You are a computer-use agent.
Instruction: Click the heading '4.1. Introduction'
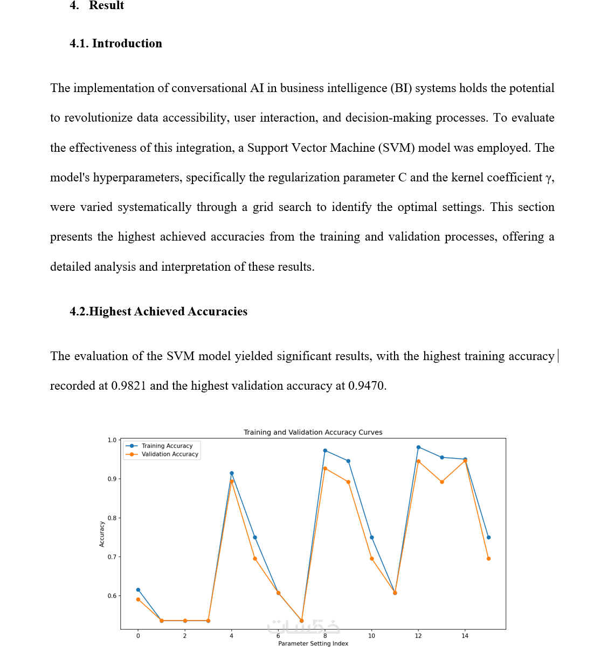[116, 44]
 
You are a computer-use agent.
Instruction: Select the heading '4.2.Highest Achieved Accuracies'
[158, 312]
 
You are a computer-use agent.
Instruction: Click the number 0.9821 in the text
[128, 386]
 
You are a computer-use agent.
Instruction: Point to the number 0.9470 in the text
[367, 386]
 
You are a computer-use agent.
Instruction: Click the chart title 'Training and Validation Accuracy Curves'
[313, 432]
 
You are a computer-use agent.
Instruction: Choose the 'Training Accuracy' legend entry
[167, 446]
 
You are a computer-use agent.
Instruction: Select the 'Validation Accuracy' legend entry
[170, 454]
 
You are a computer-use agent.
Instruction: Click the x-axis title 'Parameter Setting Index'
[313, 643]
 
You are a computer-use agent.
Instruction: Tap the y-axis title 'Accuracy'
[102, 534]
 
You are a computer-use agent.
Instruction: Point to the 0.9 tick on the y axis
[112, 479]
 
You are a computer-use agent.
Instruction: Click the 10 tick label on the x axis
[371, 636]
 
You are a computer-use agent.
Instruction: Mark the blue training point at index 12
[418, 447]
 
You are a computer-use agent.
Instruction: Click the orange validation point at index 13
[442, 482]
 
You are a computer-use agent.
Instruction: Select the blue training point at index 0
[138, 590]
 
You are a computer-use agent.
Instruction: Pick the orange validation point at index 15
[488, 559]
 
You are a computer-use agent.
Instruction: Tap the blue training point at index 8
[325, 451]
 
